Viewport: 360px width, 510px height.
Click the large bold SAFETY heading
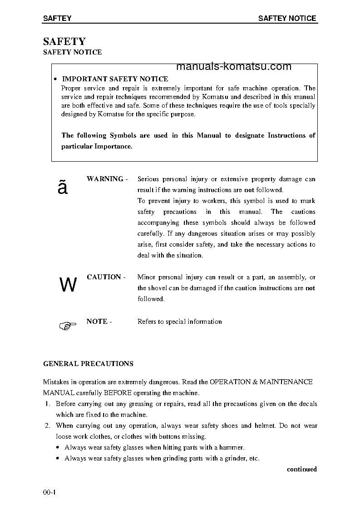click(x=64, y=41)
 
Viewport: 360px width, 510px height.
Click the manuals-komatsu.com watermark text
click(x=233, y=67)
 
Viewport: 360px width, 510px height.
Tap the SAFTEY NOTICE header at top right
click(x=287, y=19)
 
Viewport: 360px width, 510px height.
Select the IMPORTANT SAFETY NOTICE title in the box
click(x=115, y=79)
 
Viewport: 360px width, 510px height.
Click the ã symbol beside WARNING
click(x=63, y=187)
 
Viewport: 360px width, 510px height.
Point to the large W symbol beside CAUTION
click(x=68, y=285)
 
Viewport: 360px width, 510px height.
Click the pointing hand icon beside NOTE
click(x=67, y=325)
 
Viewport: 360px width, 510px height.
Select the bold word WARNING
click(x=105, y=179)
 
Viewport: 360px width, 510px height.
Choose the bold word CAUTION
click(x=104, y=277)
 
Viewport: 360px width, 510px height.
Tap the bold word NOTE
click(x=97, y=322)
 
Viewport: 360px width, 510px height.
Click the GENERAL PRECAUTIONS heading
click(x=88, y=364)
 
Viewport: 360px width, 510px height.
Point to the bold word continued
click(x=301, y=469)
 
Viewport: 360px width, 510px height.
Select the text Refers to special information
click(x=179, y=322)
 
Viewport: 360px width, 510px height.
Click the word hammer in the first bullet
click(x=232, y=447)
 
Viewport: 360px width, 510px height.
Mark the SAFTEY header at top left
click(x=57, y=19)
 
